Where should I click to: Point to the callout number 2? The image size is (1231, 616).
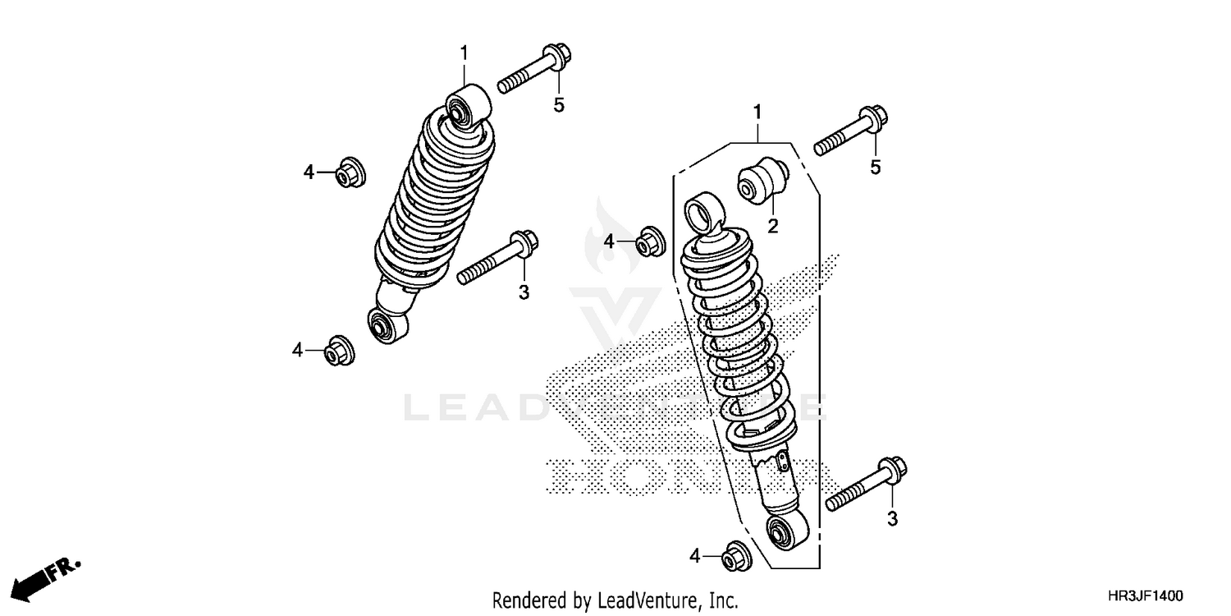coord(772,224)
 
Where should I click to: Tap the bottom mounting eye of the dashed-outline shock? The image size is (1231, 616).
coord(786,533)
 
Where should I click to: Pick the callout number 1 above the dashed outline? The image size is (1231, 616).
coord(757,110)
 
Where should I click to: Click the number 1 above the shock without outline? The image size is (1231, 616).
coord(464,53)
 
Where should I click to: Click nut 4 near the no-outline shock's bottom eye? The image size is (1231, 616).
coord(339,351)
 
